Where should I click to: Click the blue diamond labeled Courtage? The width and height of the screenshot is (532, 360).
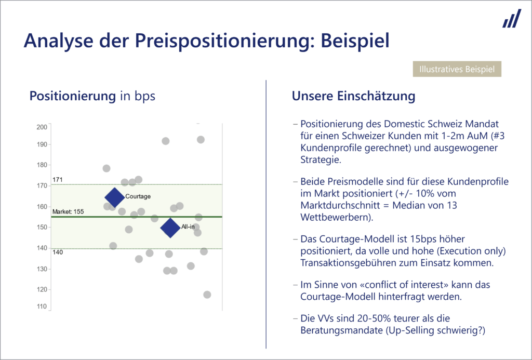pyautogui.click(x=114, y=197)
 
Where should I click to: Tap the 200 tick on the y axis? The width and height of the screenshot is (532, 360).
pyautogui.click(x=42, y=127)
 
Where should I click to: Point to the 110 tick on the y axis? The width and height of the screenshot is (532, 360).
pyautogui.click(x=42, y=307)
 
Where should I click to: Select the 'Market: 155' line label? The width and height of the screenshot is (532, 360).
pyautogui.click(x=68, y=212)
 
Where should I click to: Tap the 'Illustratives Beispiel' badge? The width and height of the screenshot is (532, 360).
pyautogui.click(x=457, y=69)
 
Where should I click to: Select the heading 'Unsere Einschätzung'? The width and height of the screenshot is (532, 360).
pyautogui.click(x=353, y=96)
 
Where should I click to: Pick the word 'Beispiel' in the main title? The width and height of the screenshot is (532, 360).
pyautogui.click(x=354, y=41)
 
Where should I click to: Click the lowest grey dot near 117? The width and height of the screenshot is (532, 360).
pyautogui.click(x=207, y=295)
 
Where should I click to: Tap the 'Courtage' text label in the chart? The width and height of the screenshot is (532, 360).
pyautogui.click(x=138, y=196)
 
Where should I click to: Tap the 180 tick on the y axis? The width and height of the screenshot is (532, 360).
pyautogui.click(x=42, y=165)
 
